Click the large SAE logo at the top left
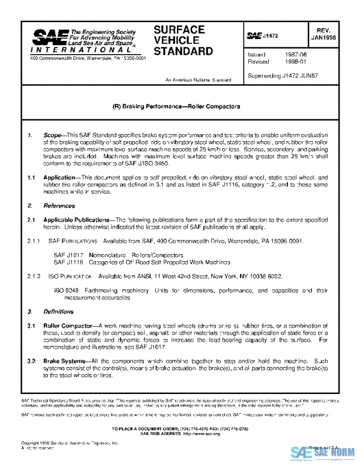(x=50, y=40)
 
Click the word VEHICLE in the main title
(x=174, y=40)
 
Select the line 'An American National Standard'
(x=198, y=79)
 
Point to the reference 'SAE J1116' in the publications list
(x=67, y=262)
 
